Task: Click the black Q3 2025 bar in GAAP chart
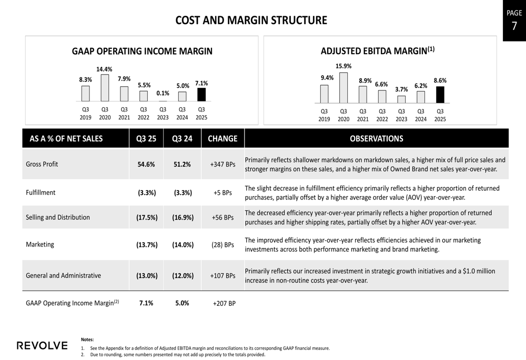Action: tap(201, 95)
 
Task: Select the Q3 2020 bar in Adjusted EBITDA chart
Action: tap(343, 88)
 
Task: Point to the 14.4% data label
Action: tap(104, 69)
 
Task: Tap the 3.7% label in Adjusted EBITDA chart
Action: tap(401, 89)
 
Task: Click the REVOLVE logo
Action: tap(42, 345)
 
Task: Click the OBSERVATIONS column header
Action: tap(377, 139)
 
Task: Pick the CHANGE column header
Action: tap(222, 139)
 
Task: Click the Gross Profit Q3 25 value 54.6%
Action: tap(146, 164)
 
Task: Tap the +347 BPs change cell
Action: tap(222, 164)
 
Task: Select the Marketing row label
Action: tap(40, 244)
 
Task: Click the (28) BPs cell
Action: tap(222, 245)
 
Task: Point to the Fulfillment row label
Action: tap(41, 192)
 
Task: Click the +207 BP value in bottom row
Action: tap(224, 303)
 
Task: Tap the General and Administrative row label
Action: tap(63, 275)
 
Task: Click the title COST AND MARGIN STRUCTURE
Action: tap(251, 20)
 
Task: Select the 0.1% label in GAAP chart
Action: tap(163, 93)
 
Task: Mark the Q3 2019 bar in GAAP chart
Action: tap(85, 94)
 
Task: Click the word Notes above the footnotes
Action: tap(87, 340)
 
